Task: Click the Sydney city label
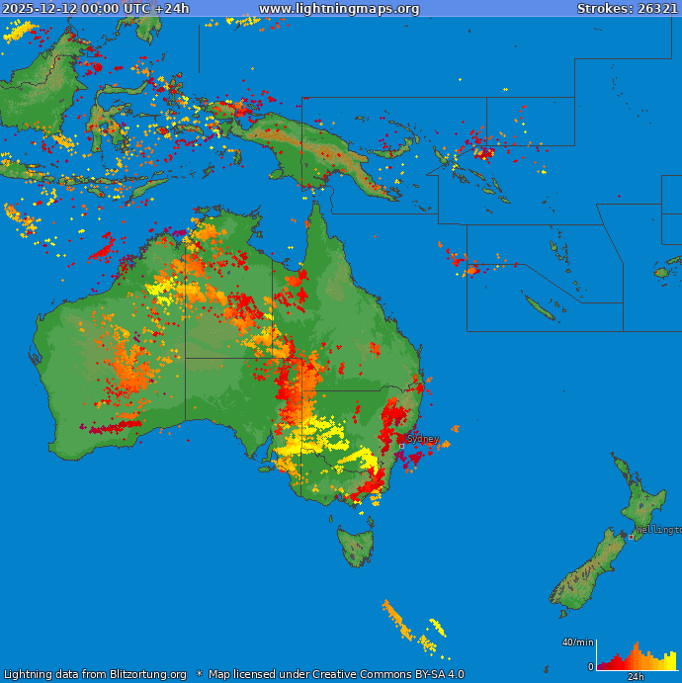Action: point(422,439)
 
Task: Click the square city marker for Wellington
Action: point(631,537)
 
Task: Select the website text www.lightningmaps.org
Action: point(339,9)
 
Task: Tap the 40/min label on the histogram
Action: point(578,642)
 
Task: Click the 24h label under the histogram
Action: point(636,677)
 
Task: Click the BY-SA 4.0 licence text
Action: point(432,674)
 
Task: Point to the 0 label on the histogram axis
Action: point(591,667)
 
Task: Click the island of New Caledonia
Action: point(540,307)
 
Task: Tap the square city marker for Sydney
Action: point(401,446)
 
